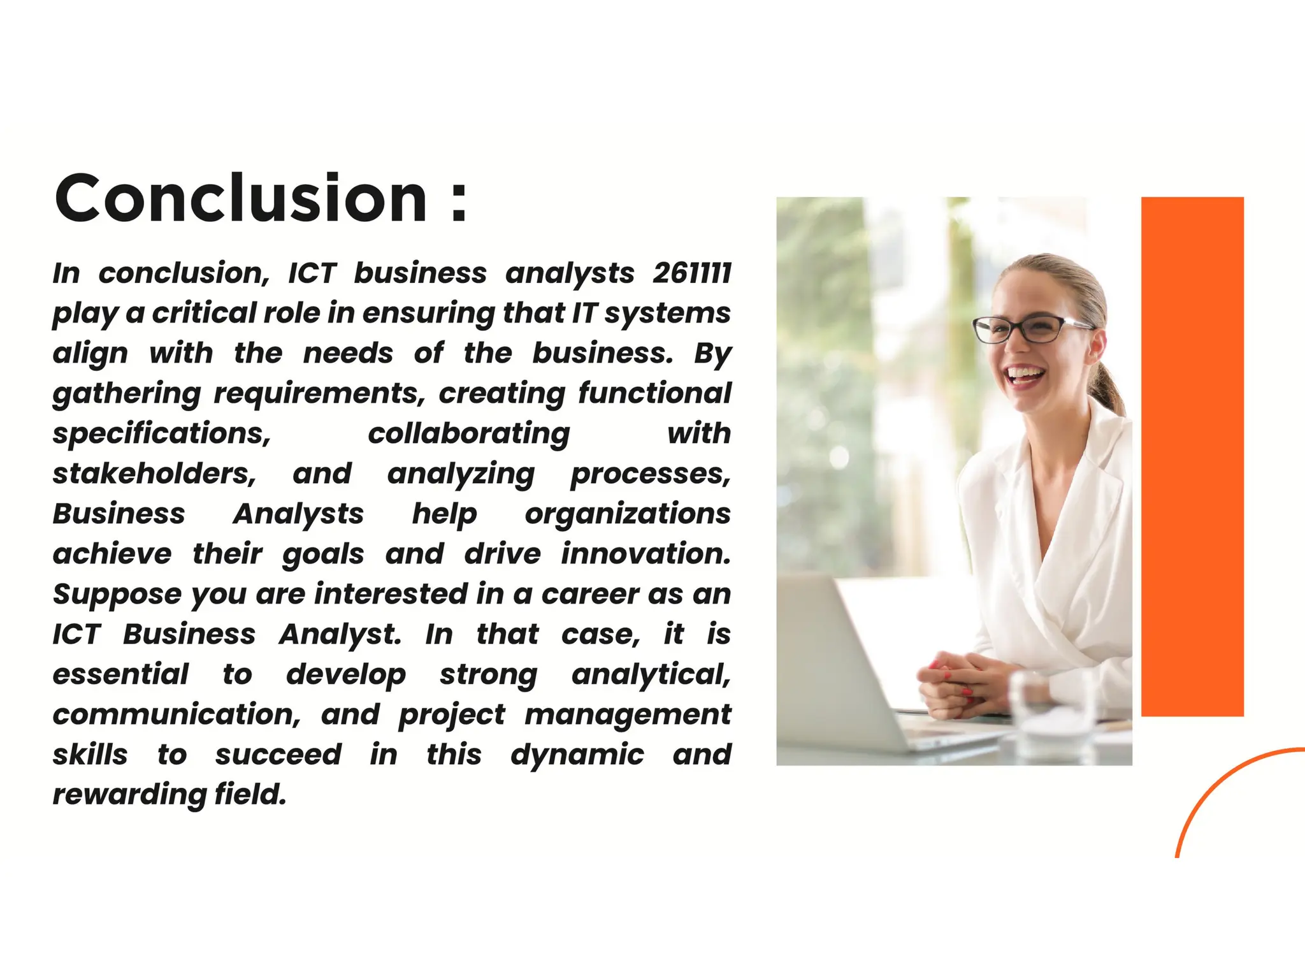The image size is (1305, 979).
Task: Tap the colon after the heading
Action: pyautogui.click(x=459, y=203)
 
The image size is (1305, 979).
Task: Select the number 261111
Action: pyautogui.click(x=692, y=273)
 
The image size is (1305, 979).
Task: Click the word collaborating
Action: pyautogui.click(x=468, y=434)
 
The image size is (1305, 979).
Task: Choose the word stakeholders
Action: pyautogui.click(x=154, y=474)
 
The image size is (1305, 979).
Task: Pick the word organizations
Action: pyautogui.click(x=627, y=514)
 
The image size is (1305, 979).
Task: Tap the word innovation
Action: pyautogui.click(x=645, y=554)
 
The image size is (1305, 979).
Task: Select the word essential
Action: pyautogui.click(x=120, y=674)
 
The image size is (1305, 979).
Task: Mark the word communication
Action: pyautogui.click(x=176, y=714)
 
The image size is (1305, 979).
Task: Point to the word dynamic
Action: pyautogui.click(x=577, y=755)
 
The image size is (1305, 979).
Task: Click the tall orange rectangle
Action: pyautogui.click(x=1192, y=456)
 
